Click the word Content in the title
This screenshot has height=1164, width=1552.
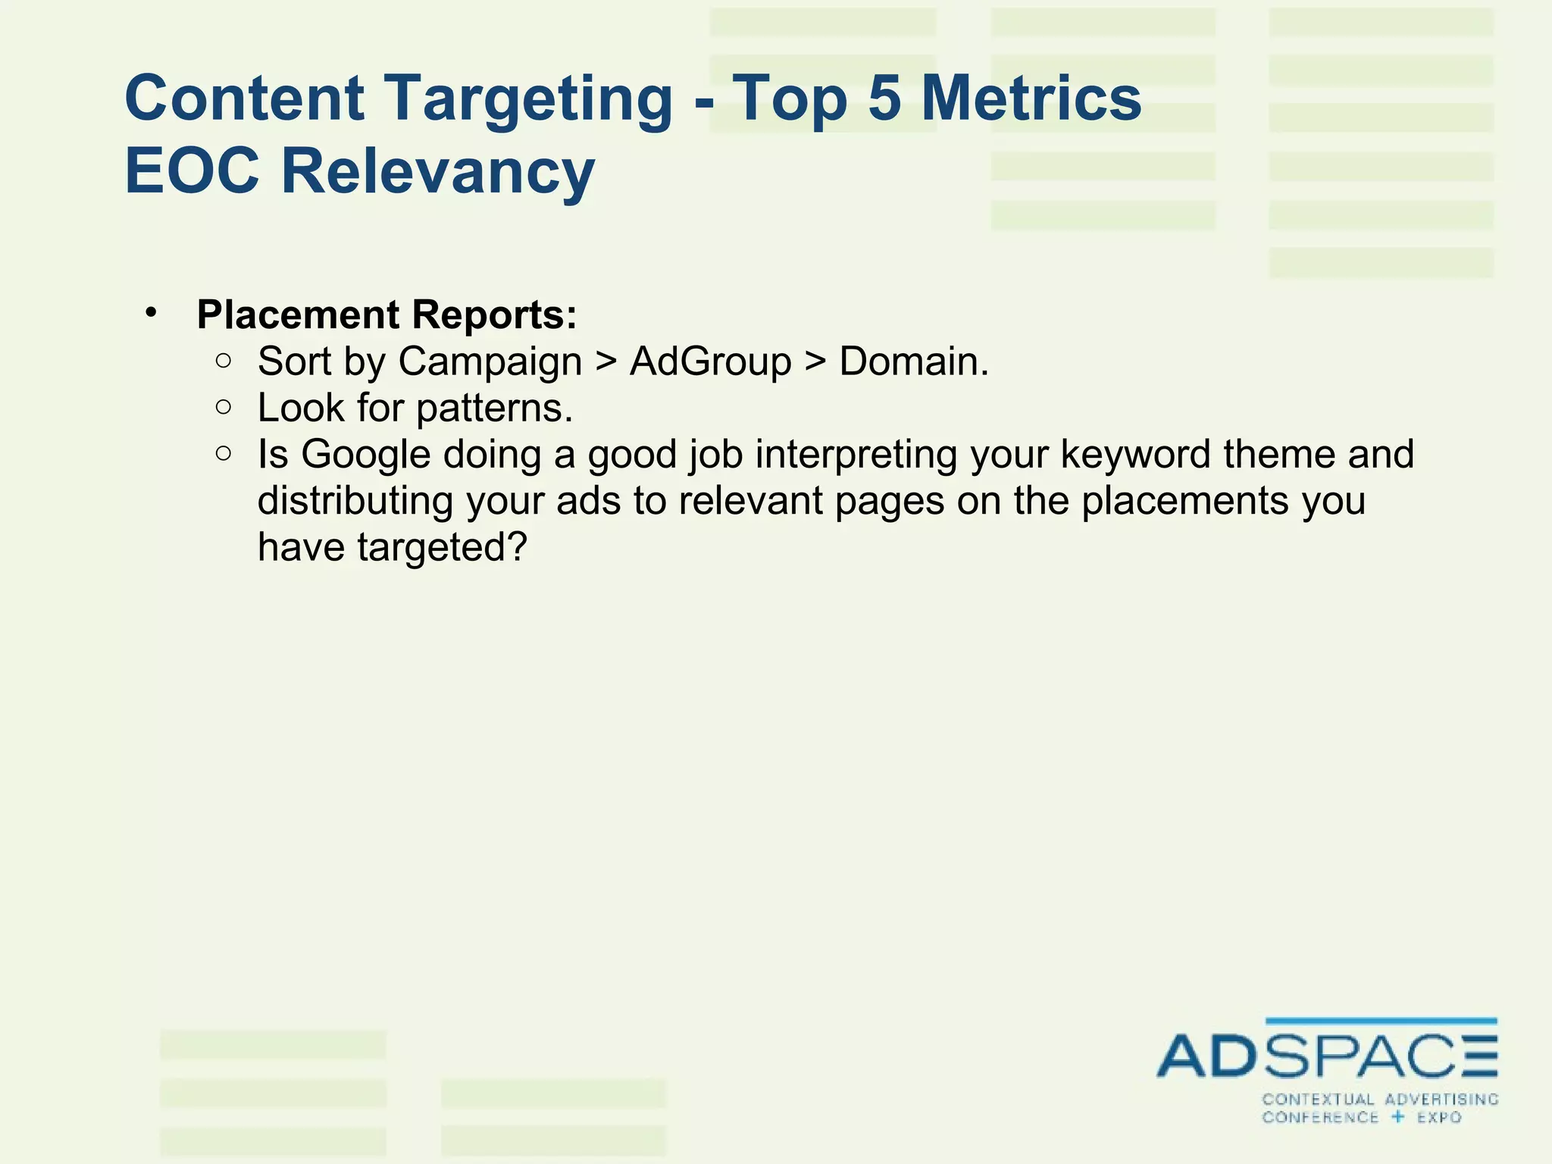coord(244,99)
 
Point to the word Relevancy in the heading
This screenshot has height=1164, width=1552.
coord(438,173)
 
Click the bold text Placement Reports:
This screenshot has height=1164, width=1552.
coord(386,314)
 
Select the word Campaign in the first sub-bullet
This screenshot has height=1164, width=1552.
coord(490,361)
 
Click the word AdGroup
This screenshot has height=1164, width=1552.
coord(710,361)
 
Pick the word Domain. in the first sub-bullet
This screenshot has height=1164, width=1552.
coord(914,361)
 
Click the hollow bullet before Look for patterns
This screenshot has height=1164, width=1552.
coord(223,408)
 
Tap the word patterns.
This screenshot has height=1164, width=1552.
coord(494,410)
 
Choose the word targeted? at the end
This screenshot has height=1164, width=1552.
coord(441,548)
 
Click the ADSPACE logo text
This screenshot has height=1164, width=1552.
coord(1326,1055)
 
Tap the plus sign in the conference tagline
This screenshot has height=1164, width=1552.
coord(1398,1117)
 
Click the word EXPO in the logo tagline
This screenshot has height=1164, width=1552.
coord(1439,1118)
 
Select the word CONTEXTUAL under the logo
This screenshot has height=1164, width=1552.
coord(1318,1100)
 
